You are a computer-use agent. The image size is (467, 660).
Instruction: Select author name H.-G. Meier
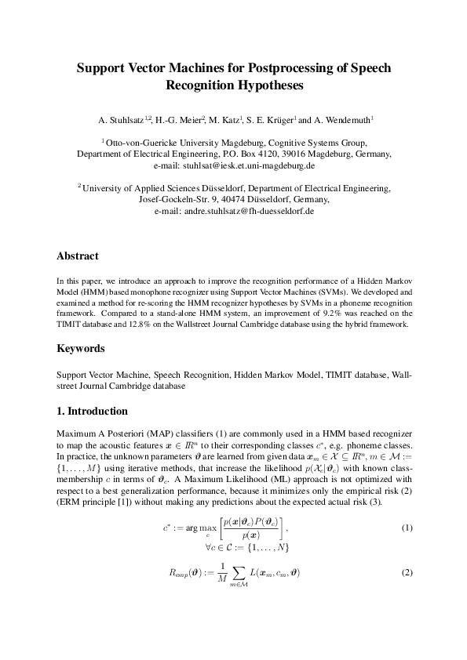pyautogui.click(x=178, y=120)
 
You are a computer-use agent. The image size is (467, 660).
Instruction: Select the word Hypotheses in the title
pyautogui.click(x=265, y=85)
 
